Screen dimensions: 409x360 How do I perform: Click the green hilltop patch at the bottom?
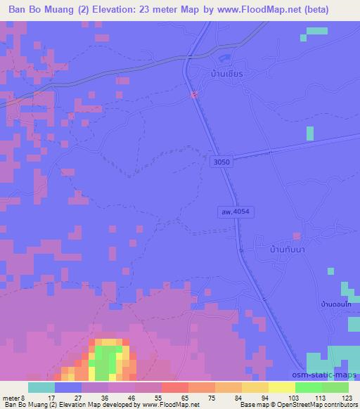coord(106,359)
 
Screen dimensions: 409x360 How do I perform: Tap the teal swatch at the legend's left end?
coord(41,387)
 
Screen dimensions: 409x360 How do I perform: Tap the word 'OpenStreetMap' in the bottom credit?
coord(299,405)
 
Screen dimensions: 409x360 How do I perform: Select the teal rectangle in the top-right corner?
coord(317,30)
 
